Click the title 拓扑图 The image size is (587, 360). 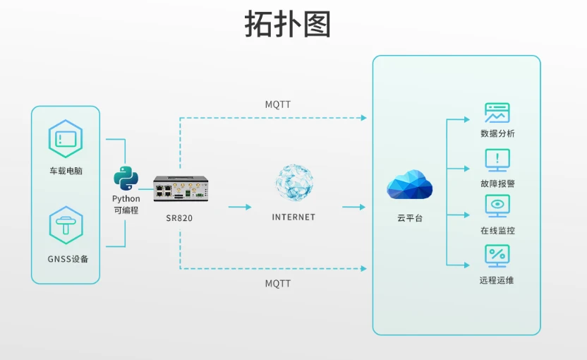coord(288,25)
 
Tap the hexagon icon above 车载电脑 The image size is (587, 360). coord(65,139)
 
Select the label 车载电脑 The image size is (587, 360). coord(65,171)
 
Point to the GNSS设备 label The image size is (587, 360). coord(65,258)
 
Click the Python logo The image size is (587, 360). coord(126,179)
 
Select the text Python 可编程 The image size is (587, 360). coord(126,205)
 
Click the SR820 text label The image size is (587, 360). coord(179,218)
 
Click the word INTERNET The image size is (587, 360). coord(293,217)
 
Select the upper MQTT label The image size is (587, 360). coord(278,104)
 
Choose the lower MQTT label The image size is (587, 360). coord(278,283)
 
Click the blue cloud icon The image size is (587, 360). coord(409,186)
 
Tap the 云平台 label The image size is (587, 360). coord(409,219)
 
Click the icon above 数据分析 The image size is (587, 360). coord(497,113)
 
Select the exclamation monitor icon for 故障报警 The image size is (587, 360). coord(497,160)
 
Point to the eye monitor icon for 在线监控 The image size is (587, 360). coord(497,207)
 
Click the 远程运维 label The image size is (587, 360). coord(497,280)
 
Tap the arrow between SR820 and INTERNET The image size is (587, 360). coord(240,207)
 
